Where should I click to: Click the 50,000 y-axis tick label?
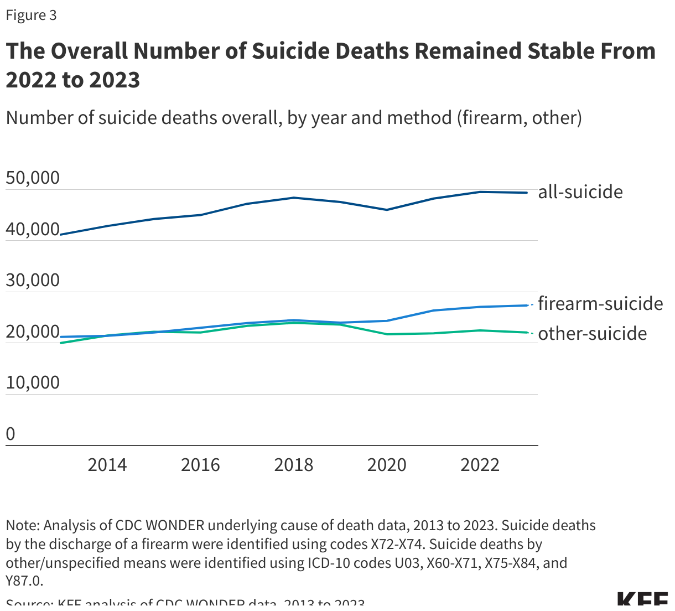point(33,178)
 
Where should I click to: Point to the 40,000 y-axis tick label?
point(33,229)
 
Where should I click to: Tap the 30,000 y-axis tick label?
point(33,280)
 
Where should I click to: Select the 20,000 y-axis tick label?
point(33,332)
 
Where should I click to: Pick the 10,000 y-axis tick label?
point(33,382)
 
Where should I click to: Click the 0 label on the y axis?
point(11,434)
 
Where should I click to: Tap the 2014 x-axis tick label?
point(107,465)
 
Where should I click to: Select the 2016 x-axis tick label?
point(200,465)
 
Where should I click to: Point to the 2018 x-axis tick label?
point(294,465)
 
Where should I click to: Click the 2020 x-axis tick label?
point(387,465)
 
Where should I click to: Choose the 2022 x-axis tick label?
point(480,465)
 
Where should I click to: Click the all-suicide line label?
point(580,192)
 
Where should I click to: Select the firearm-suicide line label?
point(600,304)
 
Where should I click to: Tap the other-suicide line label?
point(592,334)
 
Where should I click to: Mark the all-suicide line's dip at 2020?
point(387,210)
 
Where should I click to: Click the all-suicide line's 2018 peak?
point(294,198)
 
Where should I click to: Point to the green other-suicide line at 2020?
point(387,334)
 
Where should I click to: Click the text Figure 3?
point(32,15)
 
